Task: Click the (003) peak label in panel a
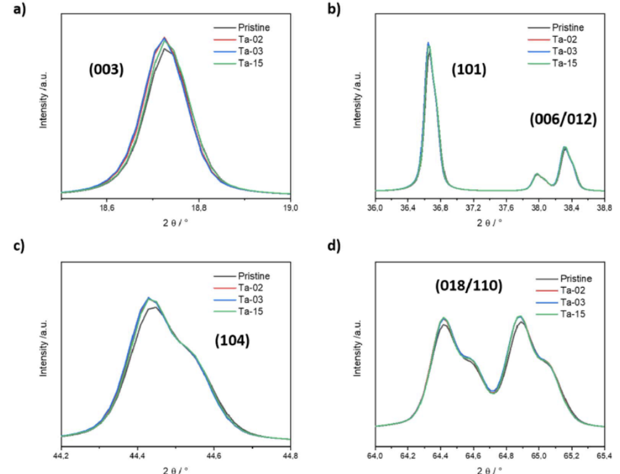[106, 70]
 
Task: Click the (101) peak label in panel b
[469, 70]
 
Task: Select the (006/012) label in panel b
[563, 119]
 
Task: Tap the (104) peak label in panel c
[232, 341]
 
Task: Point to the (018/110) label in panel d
[469, 286]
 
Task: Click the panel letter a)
[19, 9]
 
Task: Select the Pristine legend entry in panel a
[253, 28]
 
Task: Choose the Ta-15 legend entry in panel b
[564, 63]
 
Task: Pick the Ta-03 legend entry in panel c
[251, 300]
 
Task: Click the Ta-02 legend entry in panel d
[573, 290]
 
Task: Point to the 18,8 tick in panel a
[199, 207]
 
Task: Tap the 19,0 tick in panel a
[290, 207]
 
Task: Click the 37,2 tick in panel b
[473, 207]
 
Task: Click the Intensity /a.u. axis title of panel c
[44, 348]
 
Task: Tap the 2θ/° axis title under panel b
[489, 222]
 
